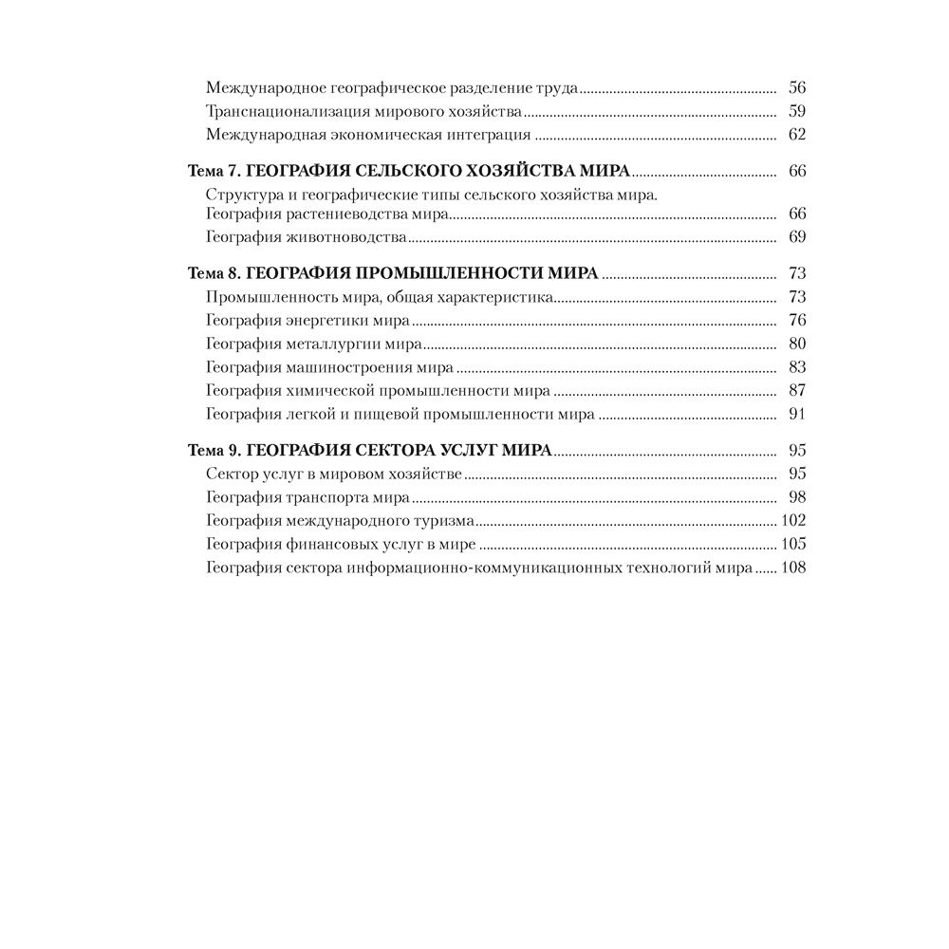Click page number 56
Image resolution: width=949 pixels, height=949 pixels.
click(x=797, y=87)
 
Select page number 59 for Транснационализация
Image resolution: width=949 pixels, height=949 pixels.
click(x=797, y=111)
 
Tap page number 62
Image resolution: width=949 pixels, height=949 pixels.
click(x=797, y=135)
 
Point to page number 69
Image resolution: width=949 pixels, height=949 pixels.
click(x=797, y=236)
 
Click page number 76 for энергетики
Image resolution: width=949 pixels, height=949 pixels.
click(x=797, y=320)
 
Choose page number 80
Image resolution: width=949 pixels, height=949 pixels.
click(x=797, y=344)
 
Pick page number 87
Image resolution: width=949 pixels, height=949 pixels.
click(x=797, y=391)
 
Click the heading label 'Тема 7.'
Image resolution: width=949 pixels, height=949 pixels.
click(x=209, y=172)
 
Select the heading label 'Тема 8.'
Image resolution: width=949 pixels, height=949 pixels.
click(x=209, y=273)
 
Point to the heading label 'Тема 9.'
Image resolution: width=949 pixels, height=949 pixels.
click(x=209, y=450)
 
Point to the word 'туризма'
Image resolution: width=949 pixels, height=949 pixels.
click(x=445, y=520)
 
